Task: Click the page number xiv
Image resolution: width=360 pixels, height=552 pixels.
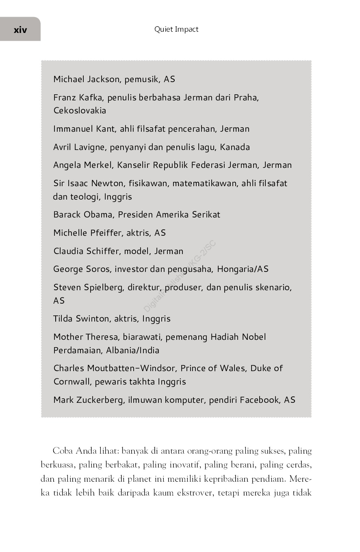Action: pyautogui.click(x=20, y=29)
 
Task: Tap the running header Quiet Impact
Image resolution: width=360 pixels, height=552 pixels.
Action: pyautogui.click(x=176, y=29)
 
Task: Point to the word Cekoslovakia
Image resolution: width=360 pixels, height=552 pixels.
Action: pyautogui.click(x=80, y=111)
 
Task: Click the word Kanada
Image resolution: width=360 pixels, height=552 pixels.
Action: pyautogui.click(x=235, y=147)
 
